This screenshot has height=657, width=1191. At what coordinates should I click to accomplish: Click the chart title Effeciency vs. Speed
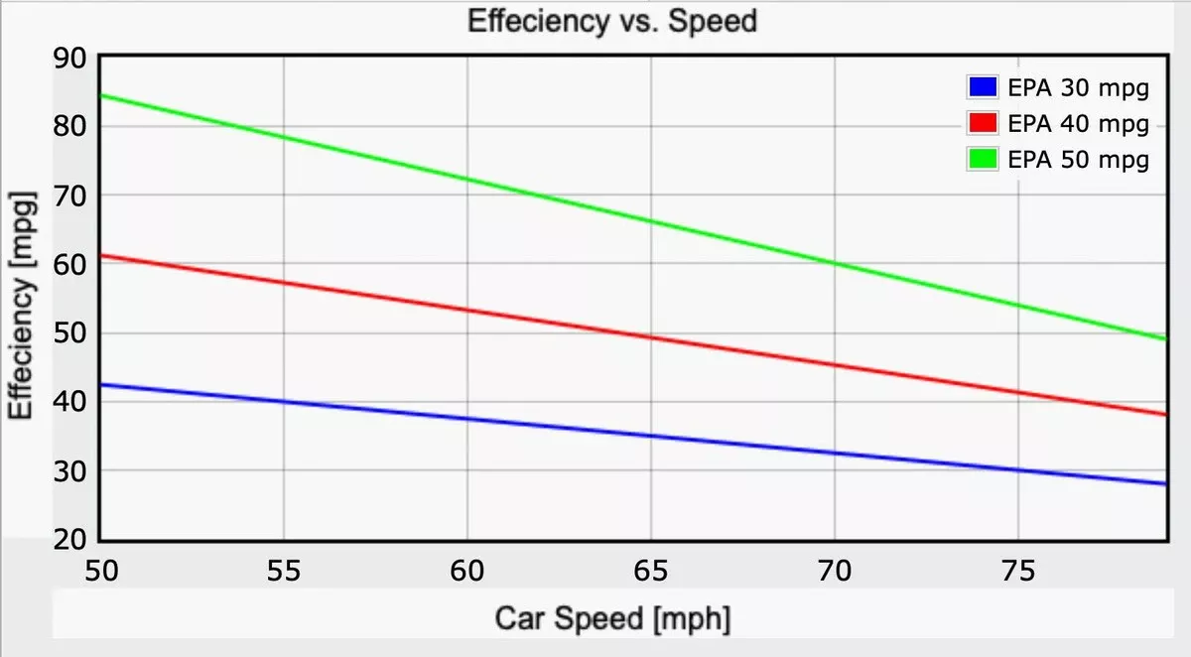pos(611,21)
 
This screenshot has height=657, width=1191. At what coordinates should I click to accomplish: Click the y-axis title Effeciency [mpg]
pos(24,307)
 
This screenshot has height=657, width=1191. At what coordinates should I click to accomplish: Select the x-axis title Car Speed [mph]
pos(612,619)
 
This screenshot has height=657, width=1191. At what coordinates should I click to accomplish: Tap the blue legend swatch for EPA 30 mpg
pos(982,88)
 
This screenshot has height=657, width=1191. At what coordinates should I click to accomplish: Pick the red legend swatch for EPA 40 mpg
pos(982,124)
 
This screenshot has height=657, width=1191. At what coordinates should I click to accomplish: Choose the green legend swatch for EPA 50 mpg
pos(982,159)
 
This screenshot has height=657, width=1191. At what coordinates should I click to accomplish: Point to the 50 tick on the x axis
pos(101,571)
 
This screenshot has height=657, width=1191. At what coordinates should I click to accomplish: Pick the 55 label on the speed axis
pos(284,571)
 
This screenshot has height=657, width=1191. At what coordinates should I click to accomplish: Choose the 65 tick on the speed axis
pos(651,571)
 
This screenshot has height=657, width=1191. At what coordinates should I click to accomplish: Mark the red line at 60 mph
pos(467,310)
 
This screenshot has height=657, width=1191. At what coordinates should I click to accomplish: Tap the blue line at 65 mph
pos(651,436)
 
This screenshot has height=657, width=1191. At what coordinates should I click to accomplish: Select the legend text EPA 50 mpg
pos(1078,159)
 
